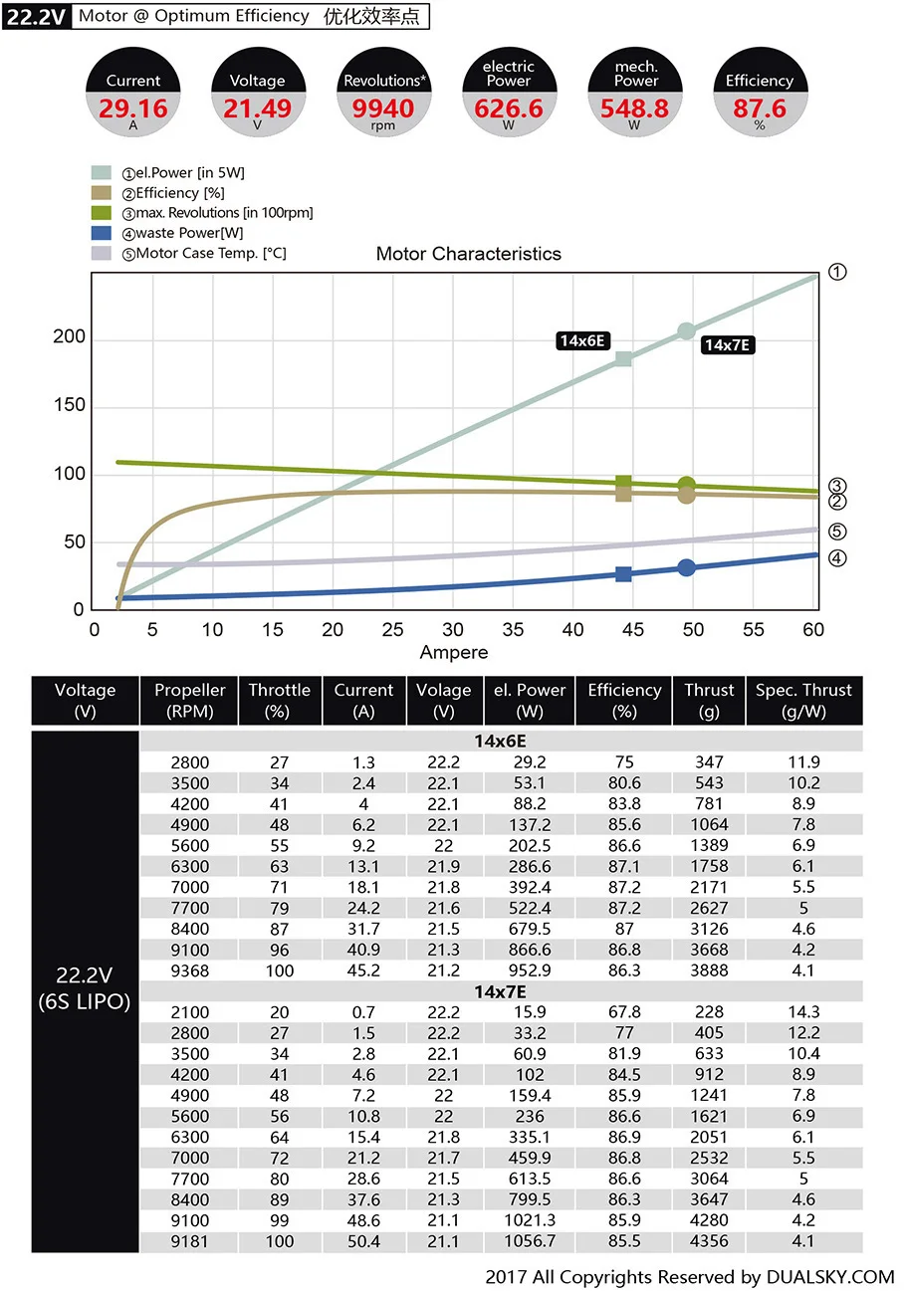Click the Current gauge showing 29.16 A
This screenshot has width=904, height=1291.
click(133, 97)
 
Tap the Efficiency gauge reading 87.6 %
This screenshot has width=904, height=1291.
click(760, 97)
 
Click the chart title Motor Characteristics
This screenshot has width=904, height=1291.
click(468, 254)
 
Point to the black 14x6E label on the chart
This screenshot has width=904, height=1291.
click(583, 340)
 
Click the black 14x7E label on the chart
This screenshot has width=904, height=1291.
click(727, 345)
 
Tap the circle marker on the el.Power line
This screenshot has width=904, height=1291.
click(686, 331)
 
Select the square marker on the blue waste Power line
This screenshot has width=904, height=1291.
click(623, 573)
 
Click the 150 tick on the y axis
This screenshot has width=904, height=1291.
click(69, 406)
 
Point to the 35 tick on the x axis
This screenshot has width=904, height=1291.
click(513, 630)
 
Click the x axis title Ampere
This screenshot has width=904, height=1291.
click(454, 653)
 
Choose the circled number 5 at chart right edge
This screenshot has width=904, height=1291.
click(837, 532)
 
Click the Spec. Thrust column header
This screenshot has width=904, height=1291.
click(803, 701)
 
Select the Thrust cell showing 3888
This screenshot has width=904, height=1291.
click(709, 970)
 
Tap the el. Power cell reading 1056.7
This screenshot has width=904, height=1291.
click(530, 1241)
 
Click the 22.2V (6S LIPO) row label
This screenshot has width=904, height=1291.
click(85, 989)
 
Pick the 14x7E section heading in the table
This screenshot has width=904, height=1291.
click(500, 991)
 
